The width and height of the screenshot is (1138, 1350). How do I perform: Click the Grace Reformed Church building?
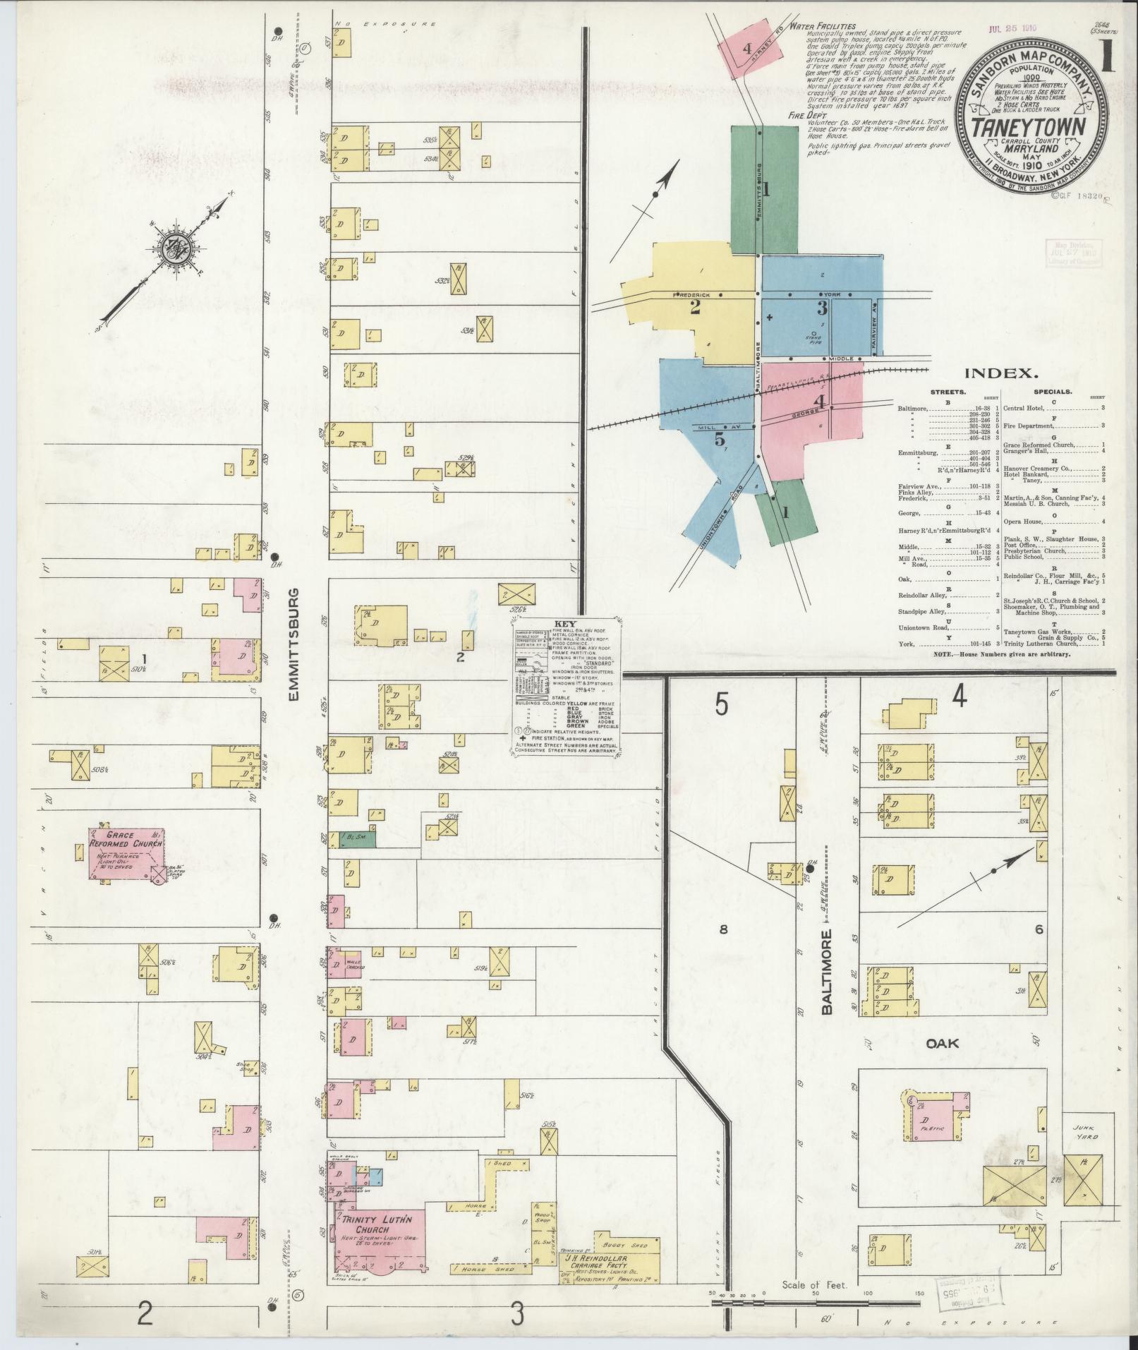126,853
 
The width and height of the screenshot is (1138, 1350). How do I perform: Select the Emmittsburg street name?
294,644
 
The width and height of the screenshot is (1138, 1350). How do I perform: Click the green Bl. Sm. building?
358,838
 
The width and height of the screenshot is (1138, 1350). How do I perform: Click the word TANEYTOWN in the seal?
1025,128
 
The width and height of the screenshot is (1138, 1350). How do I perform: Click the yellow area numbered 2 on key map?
695,307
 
